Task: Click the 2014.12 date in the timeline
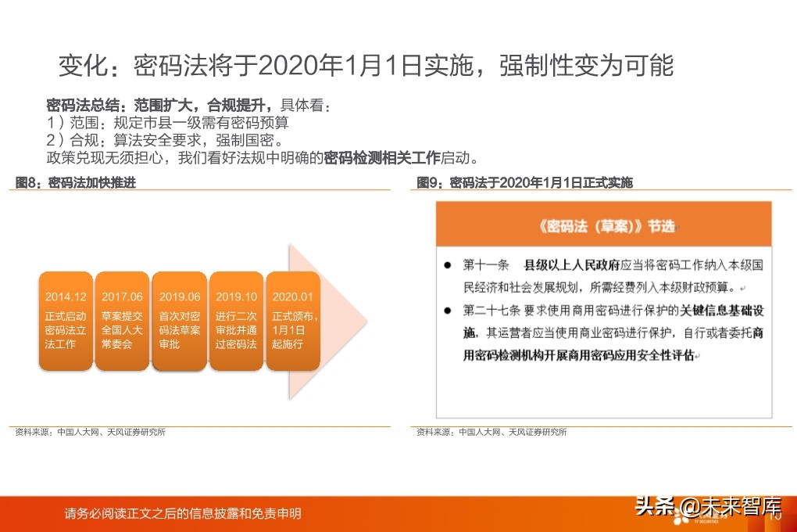click(x=66, y=297)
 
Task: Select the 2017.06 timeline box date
click(x=122, y=297)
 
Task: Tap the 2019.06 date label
click(x=180, y=297)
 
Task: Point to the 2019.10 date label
click(x=236, y=297)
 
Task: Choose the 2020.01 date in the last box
click(x=293, y=297)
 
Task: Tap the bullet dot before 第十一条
click(x=448, y=264)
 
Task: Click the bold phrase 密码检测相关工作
click(x=382, y=157)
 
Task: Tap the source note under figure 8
click(x=91, y=431)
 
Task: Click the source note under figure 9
click(x=492, y=431)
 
